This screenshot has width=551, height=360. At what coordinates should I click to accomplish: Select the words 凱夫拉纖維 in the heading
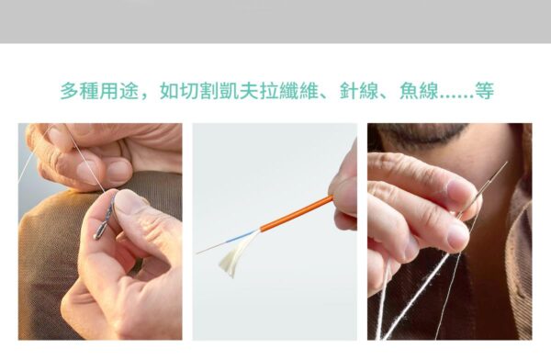[x=274, y=92]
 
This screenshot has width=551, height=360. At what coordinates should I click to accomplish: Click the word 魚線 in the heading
[x=420, y=92]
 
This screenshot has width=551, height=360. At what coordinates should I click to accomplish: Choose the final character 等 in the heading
[x=486, y=92]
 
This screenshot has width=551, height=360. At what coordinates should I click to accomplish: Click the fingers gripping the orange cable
[x=343, y=188]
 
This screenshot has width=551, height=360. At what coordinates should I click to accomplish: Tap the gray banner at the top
[x=275, y=20]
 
